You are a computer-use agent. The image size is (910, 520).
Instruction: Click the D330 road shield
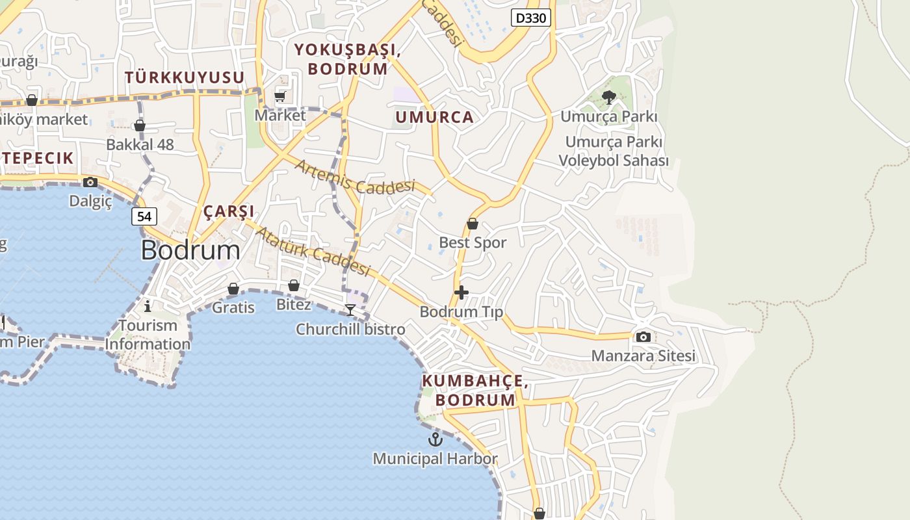[530, 18]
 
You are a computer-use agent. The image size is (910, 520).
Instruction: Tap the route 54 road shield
[144, 216]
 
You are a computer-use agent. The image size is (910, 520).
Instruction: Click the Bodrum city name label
[190, 250]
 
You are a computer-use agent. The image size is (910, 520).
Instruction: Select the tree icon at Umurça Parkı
[609, 98]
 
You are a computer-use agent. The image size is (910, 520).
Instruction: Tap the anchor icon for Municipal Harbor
[435, 440]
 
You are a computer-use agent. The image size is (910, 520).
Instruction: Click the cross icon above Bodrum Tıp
[461, 292]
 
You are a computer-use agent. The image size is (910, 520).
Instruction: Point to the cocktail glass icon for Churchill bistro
[350, 309]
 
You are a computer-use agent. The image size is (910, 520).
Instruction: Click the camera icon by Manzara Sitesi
[643, 337]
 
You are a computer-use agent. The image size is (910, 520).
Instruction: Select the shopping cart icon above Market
[280, 97]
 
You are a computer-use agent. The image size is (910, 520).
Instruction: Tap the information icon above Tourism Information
[148, 305]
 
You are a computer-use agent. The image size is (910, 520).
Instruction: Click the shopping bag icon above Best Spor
[473, 224]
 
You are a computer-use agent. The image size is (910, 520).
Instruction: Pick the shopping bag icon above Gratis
[233, 289]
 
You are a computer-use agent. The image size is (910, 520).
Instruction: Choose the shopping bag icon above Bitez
[294, 285]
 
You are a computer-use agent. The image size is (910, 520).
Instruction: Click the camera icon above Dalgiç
[90, 182]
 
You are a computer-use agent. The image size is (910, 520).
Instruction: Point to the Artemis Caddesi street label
[355, 177]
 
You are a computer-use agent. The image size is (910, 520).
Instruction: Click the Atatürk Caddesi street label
[313, 250]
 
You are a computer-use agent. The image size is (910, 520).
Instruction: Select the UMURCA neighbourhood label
[434, 118]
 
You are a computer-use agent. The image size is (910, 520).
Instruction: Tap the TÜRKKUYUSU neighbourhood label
[185, 78]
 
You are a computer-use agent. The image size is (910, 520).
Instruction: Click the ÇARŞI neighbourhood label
[228, 212]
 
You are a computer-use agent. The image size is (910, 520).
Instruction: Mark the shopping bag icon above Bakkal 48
[140, 125]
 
